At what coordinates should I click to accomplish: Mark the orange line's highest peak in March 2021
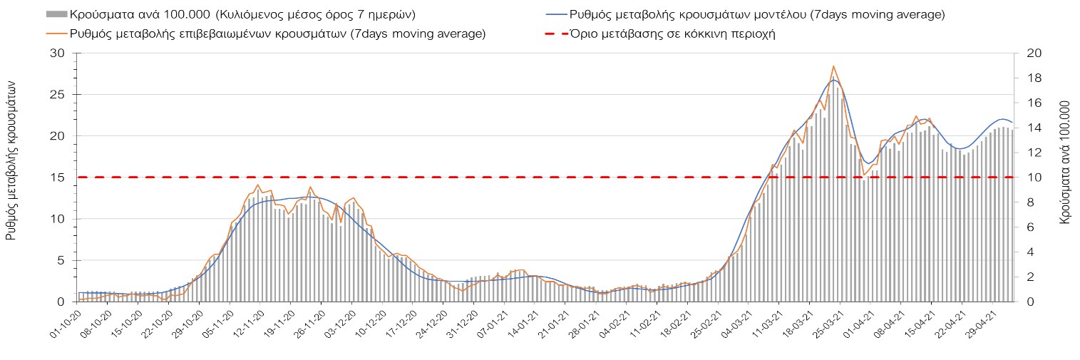click(x=833, y=66)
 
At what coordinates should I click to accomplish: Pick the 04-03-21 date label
click(x=736, y=322)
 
